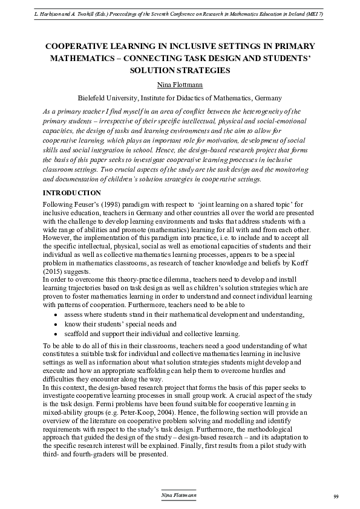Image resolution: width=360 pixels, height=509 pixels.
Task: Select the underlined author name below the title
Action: tap(179, 83)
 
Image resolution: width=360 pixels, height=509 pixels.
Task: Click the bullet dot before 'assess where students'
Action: tap(56, 315)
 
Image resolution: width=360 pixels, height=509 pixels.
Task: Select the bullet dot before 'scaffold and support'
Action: tap(56, 333)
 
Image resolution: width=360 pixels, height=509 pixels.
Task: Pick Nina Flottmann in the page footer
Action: tap(179, 495)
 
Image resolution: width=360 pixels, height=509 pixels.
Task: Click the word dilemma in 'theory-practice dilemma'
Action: tap(165, 272)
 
